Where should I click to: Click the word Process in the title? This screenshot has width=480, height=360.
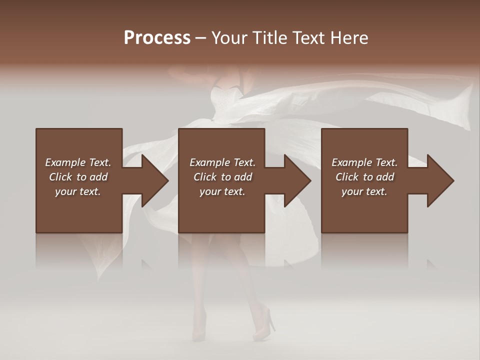pyautogui.click(x=157, y=38)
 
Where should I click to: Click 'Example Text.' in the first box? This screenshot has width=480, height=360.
pyautogui.click(x=78, y=162)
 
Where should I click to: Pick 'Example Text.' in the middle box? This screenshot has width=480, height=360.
pyautogui.click(x=222, y=162)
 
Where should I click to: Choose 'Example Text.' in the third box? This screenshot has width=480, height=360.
pyautogui.click(x=364, y=162)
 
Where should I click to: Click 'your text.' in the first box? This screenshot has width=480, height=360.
pyautogui.click(x=78, y=191)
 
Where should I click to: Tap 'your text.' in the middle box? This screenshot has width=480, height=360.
pyautogui.click(x=222, y=191)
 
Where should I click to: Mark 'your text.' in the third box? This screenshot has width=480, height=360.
pyautogui.click(x=364, y=191)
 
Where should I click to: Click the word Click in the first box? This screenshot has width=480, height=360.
pyautogui.click(x=60, y=177)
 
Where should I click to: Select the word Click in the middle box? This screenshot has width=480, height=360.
pyautogui.click(x=205, y=177)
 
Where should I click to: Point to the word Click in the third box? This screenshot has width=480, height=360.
pyautogui.click(x=347, y=177)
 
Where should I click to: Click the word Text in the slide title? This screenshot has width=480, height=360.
pyautogui.click(x=307, y=38)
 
